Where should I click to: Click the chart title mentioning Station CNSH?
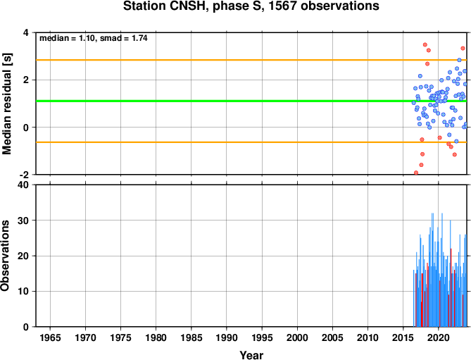click(x=251, y=6)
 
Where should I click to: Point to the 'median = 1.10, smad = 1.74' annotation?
click(x=94, y=38)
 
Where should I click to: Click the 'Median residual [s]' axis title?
click(x=6, y=104)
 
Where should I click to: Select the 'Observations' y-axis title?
click(x=5, y=256)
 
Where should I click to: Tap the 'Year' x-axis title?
click(x=251, y=355)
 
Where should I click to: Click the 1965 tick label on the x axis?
click(x=50, y=337)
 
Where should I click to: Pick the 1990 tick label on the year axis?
click(x=227, y=337)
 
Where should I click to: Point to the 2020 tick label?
click(x=438, y=337)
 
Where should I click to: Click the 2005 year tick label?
click(x=332, y=337)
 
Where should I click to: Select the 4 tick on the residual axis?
click(x=26, y=32)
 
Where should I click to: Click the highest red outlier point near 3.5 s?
click(x=425, y=45)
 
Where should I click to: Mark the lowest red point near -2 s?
click(x=416, y=173)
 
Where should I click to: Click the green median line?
click(x=251, y=101)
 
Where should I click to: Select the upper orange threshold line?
click(x=251, y=60)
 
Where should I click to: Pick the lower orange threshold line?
click(x=251, y=142)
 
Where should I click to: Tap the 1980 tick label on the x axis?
click(x=156, y=337)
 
